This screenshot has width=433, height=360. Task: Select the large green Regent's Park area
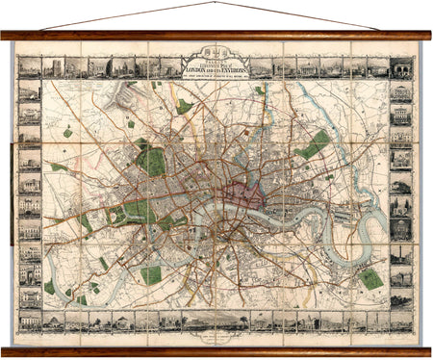click(151, 159)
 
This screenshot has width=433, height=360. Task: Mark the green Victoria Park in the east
click(313, 145)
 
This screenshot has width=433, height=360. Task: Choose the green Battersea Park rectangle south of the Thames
click(151, 274)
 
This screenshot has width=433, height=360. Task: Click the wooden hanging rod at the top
click(216, 36)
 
